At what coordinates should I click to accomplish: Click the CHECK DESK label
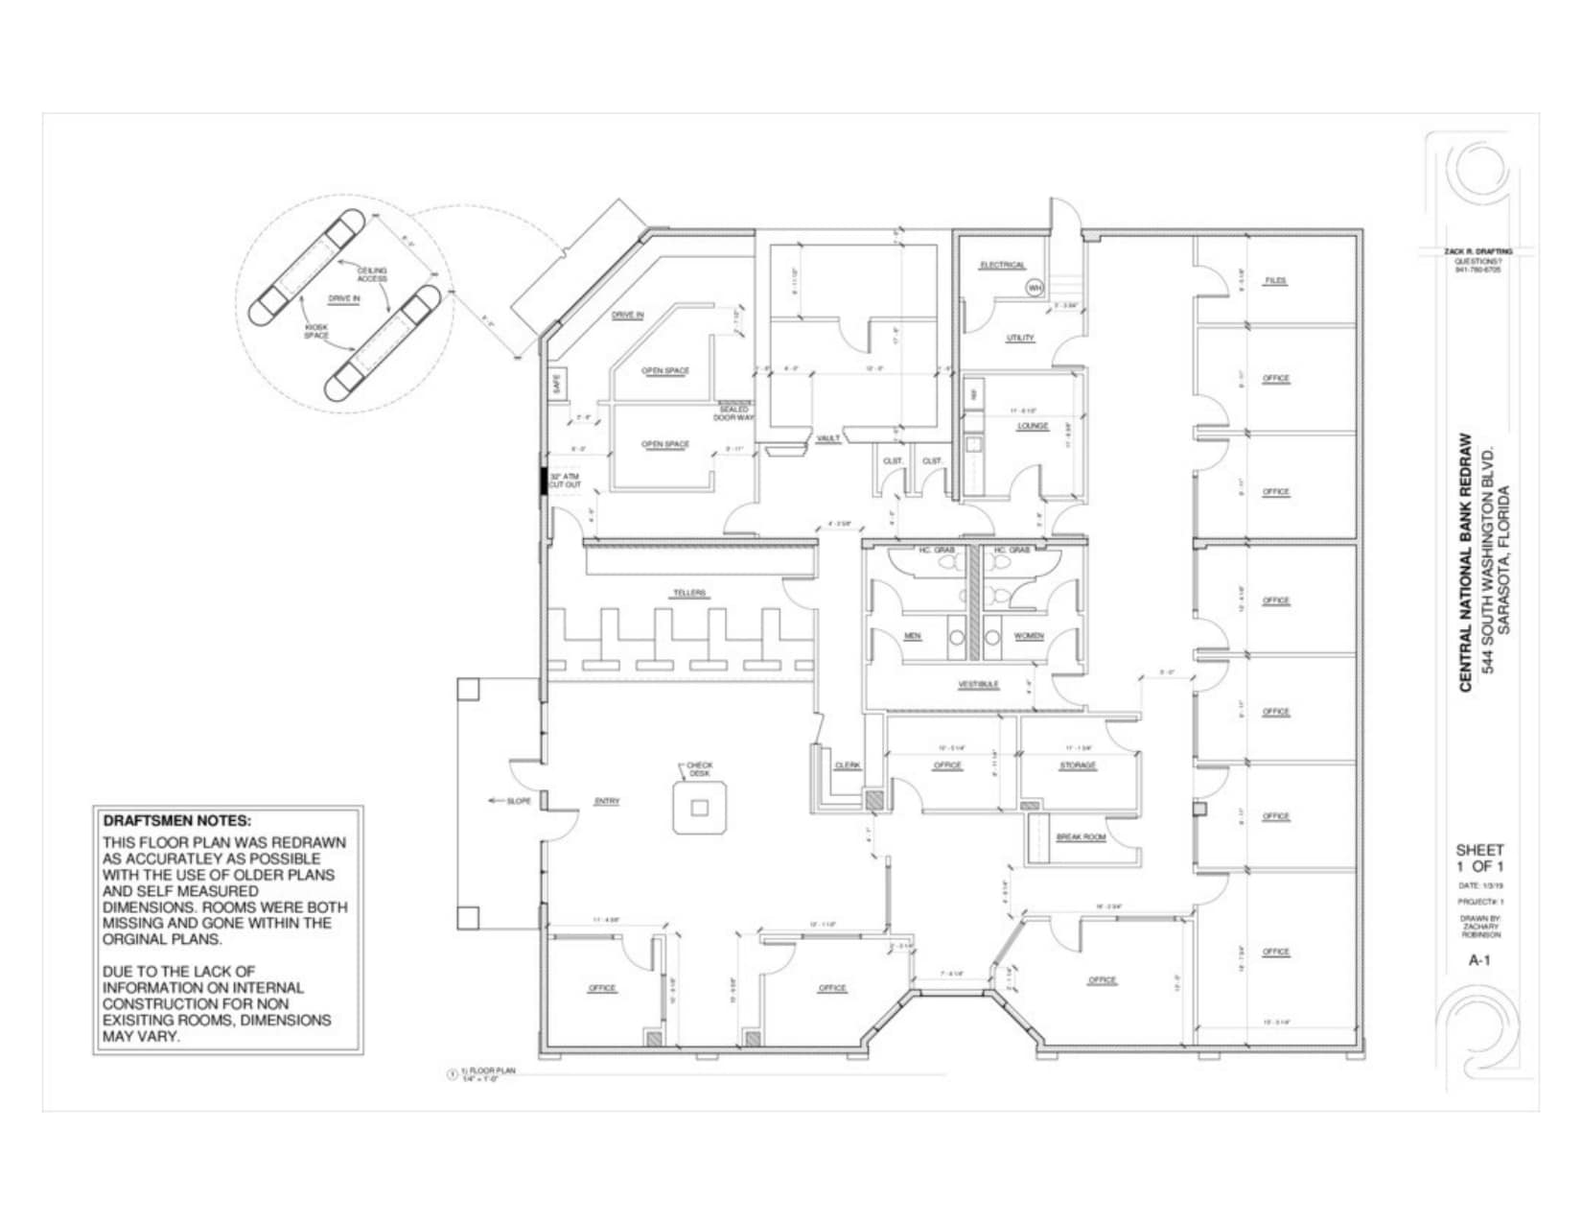click(699, 769)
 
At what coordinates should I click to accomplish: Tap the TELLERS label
click(688, 593)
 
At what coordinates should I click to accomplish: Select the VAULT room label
click(827, 438)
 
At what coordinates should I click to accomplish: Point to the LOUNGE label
click(1033, 426)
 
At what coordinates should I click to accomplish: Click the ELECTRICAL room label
click(1002, 265)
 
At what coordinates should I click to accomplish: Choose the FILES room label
click(1274, 281)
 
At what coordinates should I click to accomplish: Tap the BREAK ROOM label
click(1081, 837)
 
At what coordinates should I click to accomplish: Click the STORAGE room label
click(1078, 765)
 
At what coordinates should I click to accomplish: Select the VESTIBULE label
click(978, 684)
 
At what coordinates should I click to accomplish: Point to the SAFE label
click(557, 384)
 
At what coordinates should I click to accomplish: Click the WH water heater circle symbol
click(1035, 287)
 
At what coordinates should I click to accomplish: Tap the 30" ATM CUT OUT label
click(565, 481)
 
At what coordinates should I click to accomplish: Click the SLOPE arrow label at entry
click(517, 801)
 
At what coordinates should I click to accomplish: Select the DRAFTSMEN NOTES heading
click(176, 821)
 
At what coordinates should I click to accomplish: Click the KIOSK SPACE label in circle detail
click(316, 331)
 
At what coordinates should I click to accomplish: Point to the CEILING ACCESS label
click(372, 274)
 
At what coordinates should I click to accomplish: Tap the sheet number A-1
click(1479, 959)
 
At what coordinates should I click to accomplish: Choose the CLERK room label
click(848, 765)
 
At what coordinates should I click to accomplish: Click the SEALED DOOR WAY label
click(733, 413)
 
